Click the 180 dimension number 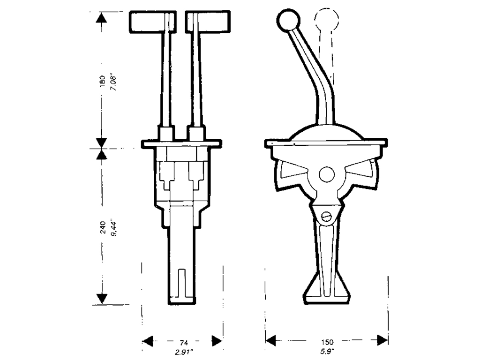pos(102,82)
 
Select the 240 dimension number pos(103,227)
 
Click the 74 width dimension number pos(183,342)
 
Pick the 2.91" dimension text pos(184,352)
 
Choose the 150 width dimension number pos(327,342)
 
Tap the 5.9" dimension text pos(327,352)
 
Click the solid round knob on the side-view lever pos(288,20)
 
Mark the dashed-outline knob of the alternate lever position pos(326,19)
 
